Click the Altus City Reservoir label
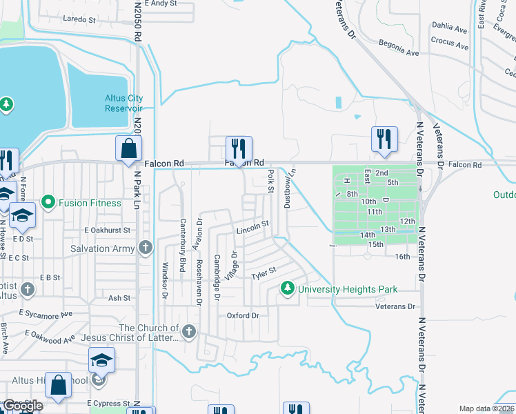123,103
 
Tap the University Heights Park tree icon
287,288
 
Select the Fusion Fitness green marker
48,202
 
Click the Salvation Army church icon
145,248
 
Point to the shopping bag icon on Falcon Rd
129,148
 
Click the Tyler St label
264,274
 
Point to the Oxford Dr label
243,315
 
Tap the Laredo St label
79,20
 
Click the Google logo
22,406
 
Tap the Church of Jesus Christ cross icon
189,333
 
